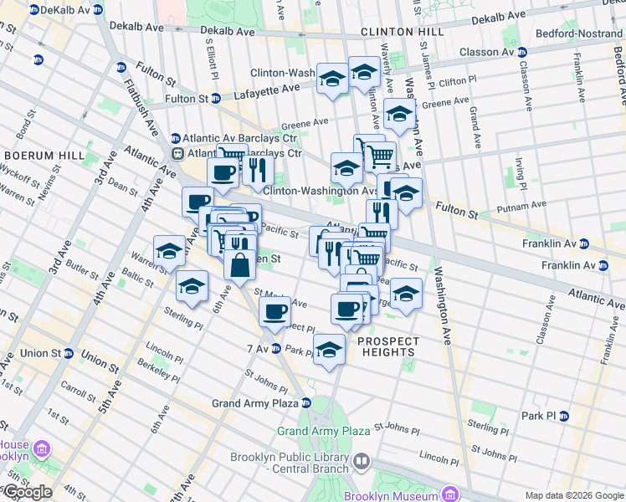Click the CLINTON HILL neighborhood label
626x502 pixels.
(392, 32)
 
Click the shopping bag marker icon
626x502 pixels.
(239, 264)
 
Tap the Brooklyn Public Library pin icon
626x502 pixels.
(361, 460)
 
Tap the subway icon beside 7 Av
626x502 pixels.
(276, 348)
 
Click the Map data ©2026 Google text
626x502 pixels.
(574, 495)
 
